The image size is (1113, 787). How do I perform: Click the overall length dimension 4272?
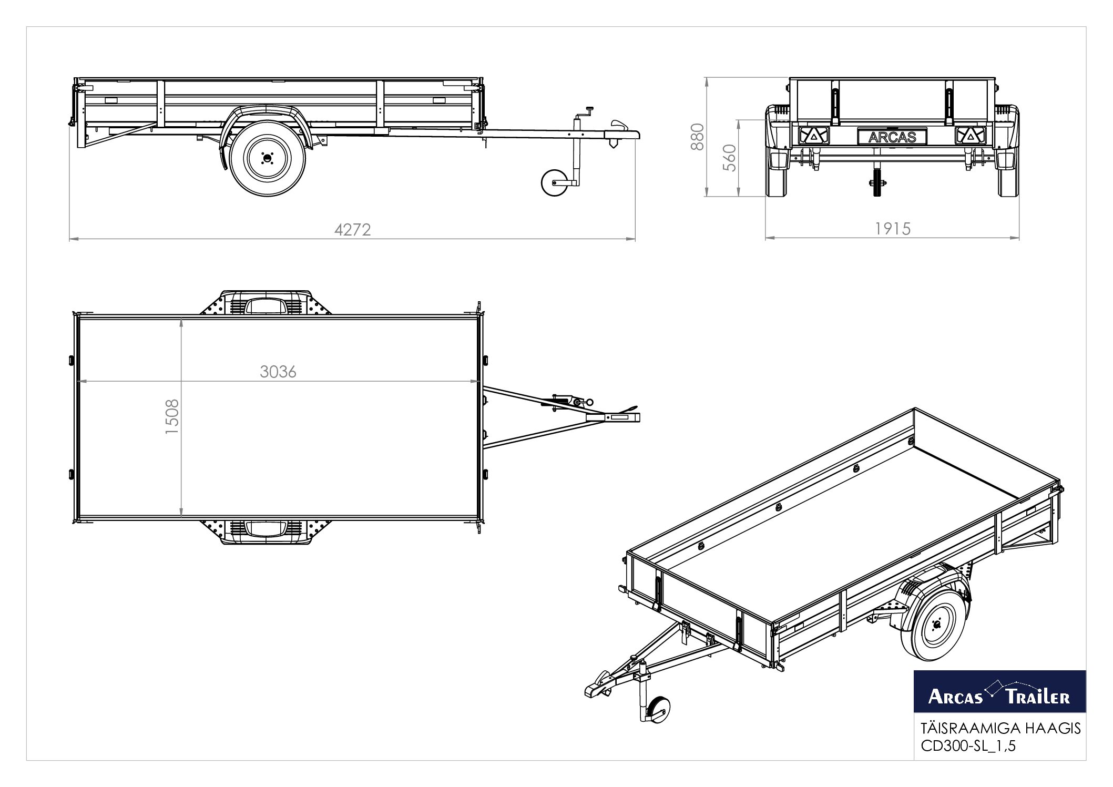click(x=353, y=230)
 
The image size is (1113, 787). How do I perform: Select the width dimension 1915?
click(x=893, y=229)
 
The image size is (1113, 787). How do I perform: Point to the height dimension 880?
click(x=697, y=137)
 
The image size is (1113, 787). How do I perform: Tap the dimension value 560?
click(x=729, y=158)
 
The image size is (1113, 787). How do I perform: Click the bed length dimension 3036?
click(x=278, y=372)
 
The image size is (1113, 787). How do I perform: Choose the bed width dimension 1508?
click(x=172, y=416)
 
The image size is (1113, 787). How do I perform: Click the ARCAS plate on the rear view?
click(x=892, y=137)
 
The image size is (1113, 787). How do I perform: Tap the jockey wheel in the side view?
click(x=555, y=182)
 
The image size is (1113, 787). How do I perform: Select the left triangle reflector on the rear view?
click(x=813, y=136)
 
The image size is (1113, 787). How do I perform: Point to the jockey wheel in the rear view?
click(x=876, y=181)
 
